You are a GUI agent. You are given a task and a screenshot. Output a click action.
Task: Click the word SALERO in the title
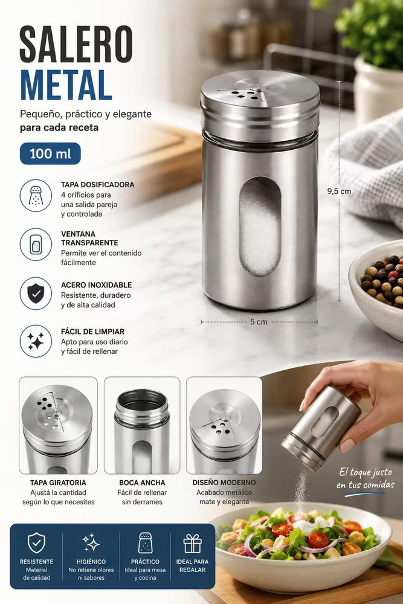[x=76, y=45]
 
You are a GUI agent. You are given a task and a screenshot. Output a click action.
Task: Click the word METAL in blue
[x=66, y=85]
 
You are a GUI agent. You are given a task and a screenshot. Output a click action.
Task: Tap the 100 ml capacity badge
[x=50, y=153]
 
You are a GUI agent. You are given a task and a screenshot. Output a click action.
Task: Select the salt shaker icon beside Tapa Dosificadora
[x=36, y=195]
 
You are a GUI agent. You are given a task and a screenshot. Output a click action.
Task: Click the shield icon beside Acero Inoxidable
[x=36, y=294]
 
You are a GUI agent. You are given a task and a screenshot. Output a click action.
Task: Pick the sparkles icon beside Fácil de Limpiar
[x=36, y=341]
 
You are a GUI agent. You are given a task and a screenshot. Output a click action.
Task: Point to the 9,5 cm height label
[x=339, y=191]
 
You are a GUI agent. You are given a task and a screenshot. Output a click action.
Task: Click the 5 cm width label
[x=259, y=322]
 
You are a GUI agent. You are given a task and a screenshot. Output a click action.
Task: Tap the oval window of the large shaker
[x=260, y=226]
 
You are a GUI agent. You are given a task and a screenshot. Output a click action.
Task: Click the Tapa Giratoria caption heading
[x=58, y=483]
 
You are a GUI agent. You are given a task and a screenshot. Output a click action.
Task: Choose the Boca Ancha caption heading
[x=142, y=483]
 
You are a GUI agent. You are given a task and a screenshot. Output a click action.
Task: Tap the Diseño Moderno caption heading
[x=224, y=482]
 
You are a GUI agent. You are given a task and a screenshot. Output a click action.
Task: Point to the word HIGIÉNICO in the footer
[x=91, y=562]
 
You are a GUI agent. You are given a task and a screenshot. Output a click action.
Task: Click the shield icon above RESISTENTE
[x=37, y=543]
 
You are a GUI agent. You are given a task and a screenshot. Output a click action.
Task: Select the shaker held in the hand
[x=321, y=428]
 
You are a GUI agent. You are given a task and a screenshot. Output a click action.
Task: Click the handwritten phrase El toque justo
[x=366, y=472]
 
